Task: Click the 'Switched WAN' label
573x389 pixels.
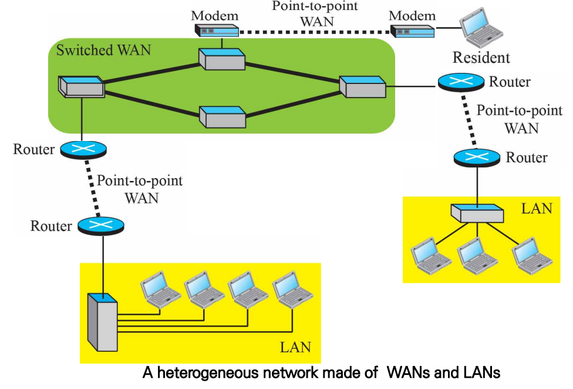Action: point(103,50)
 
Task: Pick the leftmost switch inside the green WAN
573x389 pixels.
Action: point(81,86)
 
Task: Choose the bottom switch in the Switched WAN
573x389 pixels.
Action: point(222,116)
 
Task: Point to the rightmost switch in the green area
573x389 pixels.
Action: point(363,87)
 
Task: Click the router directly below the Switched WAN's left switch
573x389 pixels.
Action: point(83,149)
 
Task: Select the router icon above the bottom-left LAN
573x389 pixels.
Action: point(100,225)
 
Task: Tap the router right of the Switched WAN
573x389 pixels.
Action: point(460,82)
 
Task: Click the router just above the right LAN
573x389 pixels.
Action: point(477,157)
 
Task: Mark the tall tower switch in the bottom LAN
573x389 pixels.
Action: point(102,321)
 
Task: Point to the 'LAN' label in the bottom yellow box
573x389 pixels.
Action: point(295,346)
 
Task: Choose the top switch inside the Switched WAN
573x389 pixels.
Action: point(221,59)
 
